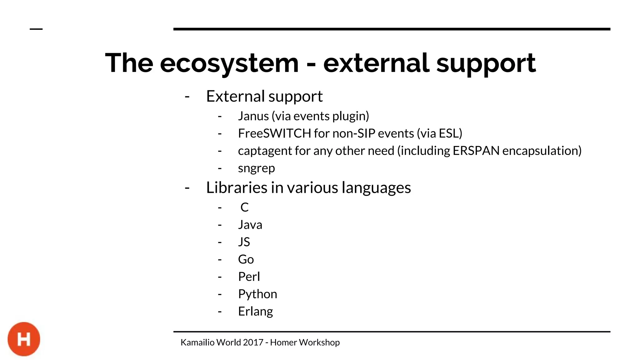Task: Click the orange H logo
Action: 24,339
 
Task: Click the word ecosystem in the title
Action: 229,63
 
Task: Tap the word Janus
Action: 253,116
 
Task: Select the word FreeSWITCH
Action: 274,133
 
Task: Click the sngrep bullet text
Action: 256,168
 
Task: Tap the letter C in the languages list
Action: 244,207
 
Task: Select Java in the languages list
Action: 250,225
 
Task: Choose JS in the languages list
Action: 244,242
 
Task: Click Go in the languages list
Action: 246,259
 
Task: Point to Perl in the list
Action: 249,277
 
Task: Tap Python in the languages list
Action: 257,294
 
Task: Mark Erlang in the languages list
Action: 255,312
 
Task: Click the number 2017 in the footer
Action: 253,342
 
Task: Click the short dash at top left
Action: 36,29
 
